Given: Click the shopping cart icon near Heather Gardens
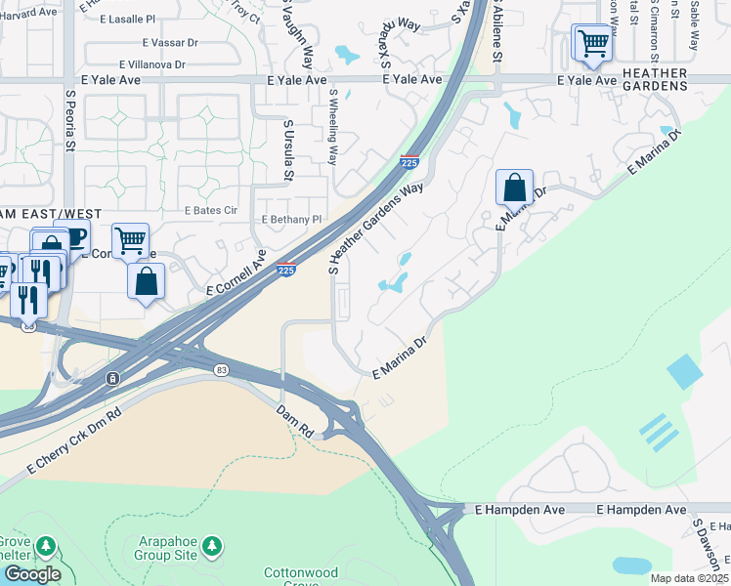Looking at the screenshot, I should (x=592, y=43).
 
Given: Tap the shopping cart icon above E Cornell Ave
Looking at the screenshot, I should (x=129, y=239).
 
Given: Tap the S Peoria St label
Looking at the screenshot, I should (x=70, y=120).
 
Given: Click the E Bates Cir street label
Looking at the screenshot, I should (x=210, y=210).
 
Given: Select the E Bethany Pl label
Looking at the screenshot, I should (x=291, y=220).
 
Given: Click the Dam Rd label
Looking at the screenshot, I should (x=292, y=416).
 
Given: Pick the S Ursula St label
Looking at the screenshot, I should (x=287, y=150).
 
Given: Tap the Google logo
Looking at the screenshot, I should (x=31, y=574).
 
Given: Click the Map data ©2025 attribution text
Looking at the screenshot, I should (x=688, y=578).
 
